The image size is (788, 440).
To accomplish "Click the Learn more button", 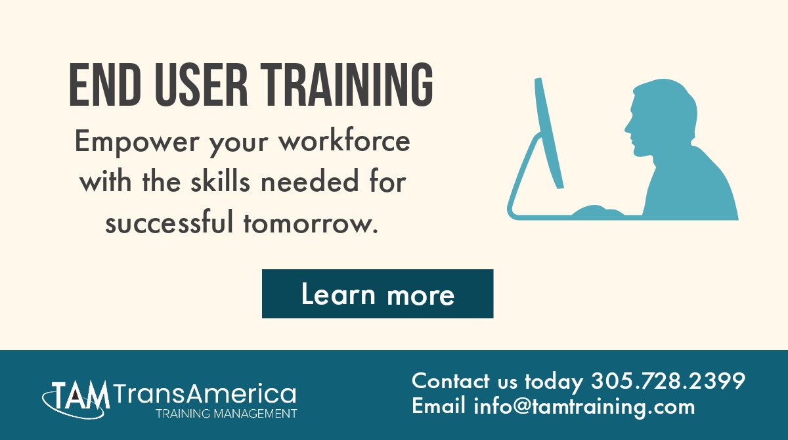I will pyautogui.click(x=378, y=294).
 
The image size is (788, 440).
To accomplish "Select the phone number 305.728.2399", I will pyautogui.click(x=668, y=381).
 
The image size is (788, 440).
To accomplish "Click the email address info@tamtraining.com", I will pyautogui.click(x=584, y=406).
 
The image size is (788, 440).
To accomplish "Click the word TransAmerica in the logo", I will pyautogui.click(x=204, y=394).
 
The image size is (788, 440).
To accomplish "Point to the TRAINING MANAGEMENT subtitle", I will pyautogui.click(x=226, y=414).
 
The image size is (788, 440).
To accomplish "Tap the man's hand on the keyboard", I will pyautogui.click(x=598, y=211).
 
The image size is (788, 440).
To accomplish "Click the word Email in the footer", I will pyautogui.click(x=439, y=406).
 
